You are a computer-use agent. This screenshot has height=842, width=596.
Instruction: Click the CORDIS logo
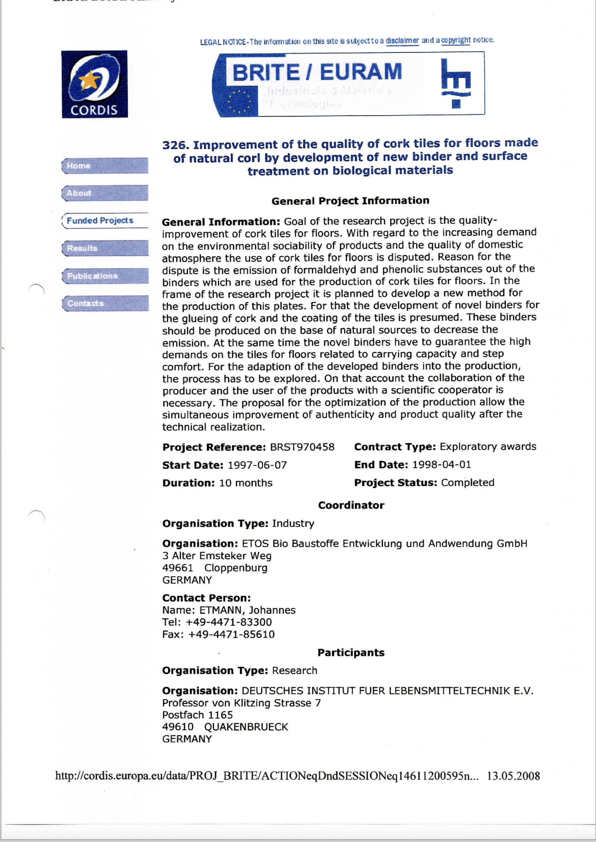(94, 84)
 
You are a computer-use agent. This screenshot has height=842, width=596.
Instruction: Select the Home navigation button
(105, 166)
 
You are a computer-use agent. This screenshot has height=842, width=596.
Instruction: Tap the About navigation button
(105, 193)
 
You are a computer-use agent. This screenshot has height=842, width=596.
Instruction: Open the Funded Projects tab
(105, 220)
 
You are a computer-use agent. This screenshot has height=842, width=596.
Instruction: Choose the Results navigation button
(105, 248)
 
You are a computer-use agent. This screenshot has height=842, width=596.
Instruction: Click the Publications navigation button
(105, 276)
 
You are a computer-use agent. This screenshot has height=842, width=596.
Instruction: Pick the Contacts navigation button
(105, 303)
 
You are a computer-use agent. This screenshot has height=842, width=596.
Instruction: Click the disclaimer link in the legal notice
(402, 40)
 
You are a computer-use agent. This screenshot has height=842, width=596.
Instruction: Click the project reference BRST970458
(302, 447)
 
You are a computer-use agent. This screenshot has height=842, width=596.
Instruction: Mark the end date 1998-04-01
(442, 465)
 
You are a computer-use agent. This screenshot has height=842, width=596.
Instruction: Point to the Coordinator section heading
(351, 505)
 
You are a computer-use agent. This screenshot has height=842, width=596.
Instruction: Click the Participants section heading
(351, 652)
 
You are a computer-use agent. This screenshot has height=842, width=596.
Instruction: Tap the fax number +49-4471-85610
(231, 634)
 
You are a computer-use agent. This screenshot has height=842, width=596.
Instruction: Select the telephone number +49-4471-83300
(229, 622)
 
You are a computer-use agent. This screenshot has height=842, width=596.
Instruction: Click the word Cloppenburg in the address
(236, 568)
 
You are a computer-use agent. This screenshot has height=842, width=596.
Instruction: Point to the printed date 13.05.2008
(513, 776)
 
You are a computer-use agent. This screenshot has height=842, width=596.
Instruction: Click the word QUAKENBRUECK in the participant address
(246, 727)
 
